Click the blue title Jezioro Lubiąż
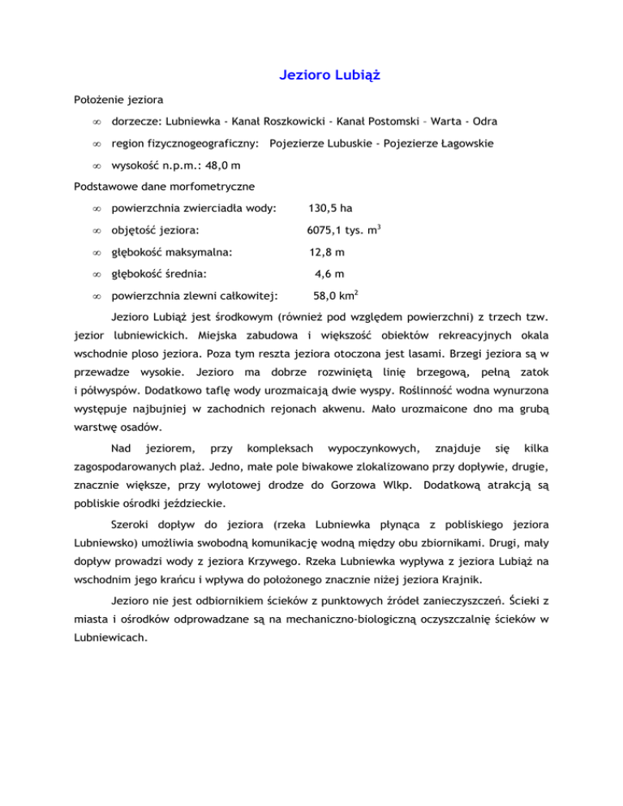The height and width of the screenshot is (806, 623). [x=324, y=76]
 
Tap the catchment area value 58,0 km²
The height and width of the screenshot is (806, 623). [x=337, y=297]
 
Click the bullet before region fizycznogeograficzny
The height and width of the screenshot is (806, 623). [x=97, y=144]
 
